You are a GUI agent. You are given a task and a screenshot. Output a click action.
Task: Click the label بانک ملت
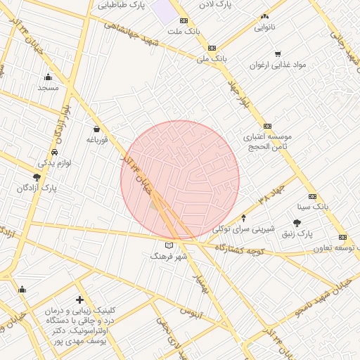pos(183,32)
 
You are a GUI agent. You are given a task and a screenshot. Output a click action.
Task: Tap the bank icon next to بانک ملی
pos(212,48)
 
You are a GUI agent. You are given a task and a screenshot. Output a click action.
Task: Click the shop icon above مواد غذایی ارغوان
pos(278,53)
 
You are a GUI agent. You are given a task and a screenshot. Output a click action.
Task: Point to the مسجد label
pos(48,88)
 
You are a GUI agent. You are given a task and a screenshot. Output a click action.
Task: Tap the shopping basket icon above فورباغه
pos(96,129)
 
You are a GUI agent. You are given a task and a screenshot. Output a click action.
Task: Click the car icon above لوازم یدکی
pos(55,152)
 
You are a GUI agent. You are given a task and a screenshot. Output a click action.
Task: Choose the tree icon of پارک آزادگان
pos(37,177)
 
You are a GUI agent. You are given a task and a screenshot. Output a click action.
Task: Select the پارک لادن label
pos(214,4)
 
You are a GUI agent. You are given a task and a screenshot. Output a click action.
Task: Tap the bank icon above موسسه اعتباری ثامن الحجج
pos(267,126)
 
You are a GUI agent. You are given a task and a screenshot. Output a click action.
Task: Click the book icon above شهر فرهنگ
pos(168,245)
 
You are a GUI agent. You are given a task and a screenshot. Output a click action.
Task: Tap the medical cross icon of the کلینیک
pos(79,300)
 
